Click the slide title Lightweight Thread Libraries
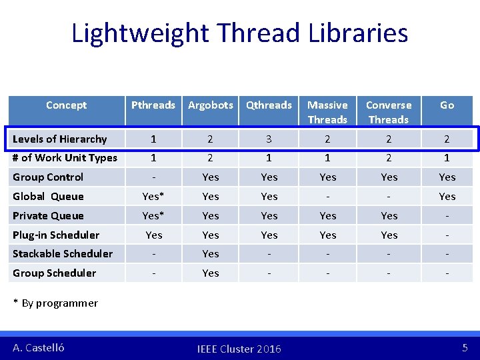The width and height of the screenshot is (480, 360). (239, 33)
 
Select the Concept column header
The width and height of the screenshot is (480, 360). (66, 105)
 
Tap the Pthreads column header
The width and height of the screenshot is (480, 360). (153, 105)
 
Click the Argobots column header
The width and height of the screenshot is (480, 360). (211, 105)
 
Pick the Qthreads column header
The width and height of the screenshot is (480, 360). (269, 105)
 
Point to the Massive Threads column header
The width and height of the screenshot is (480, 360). (327, 112)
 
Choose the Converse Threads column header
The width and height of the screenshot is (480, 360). (389, 112)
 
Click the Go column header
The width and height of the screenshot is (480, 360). (447, 105)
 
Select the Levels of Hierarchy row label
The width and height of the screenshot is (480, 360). (60, 139)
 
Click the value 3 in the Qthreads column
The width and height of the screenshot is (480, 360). (269, 139)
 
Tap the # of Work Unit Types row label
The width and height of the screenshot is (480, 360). (65, 158)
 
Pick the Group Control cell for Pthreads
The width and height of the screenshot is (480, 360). (153, 177)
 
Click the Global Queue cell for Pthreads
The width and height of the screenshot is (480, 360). (153, 197)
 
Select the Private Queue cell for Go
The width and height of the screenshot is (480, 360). (447, 216)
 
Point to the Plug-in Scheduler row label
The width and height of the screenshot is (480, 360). (56, 235)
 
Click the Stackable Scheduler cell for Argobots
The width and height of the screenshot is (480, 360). (211, 254)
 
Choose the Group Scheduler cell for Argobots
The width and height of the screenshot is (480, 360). (211, 273)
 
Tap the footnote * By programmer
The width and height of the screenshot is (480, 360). (56, 303)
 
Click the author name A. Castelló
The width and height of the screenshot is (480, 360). (39, 347)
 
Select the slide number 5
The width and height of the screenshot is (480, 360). (465, 347)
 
